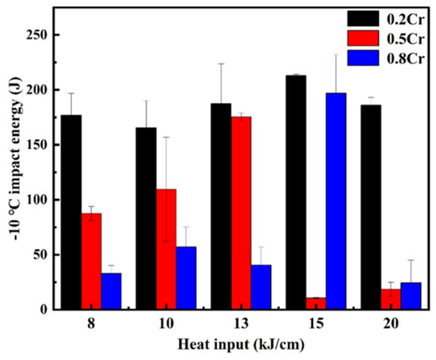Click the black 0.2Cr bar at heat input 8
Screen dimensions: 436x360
[71, 212]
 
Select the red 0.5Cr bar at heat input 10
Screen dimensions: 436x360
[166, 249]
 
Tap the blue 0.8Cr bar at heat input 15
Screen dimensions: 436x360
[336, 201]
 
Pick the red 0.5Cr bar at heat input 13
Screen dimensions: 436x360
[241, 213]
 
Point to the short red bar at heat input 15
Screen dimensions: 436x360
[316, 304]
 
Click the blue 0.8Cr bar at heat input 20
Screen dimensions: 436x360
[411, 296]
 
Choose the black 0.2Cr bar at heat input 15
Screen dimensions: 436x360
[296, 192]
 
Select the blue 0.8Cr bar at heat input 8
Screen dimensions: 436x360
[111, 291]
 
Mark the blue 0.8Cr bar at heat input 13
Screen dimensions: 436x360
[261, 287]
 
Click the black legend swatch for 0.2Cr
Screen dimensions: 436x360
[363, 19]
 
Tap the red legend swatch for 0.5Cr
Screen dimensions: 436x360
[363, 38]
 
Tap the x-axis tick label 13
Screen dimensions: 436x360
[241, 324]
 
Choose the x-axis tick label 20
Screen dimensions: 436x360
[391, 324]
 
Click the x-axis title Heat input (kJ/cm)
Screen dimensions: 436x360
[241, 345]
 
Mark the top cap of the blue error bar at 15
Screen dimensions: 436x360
[336, 55]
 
